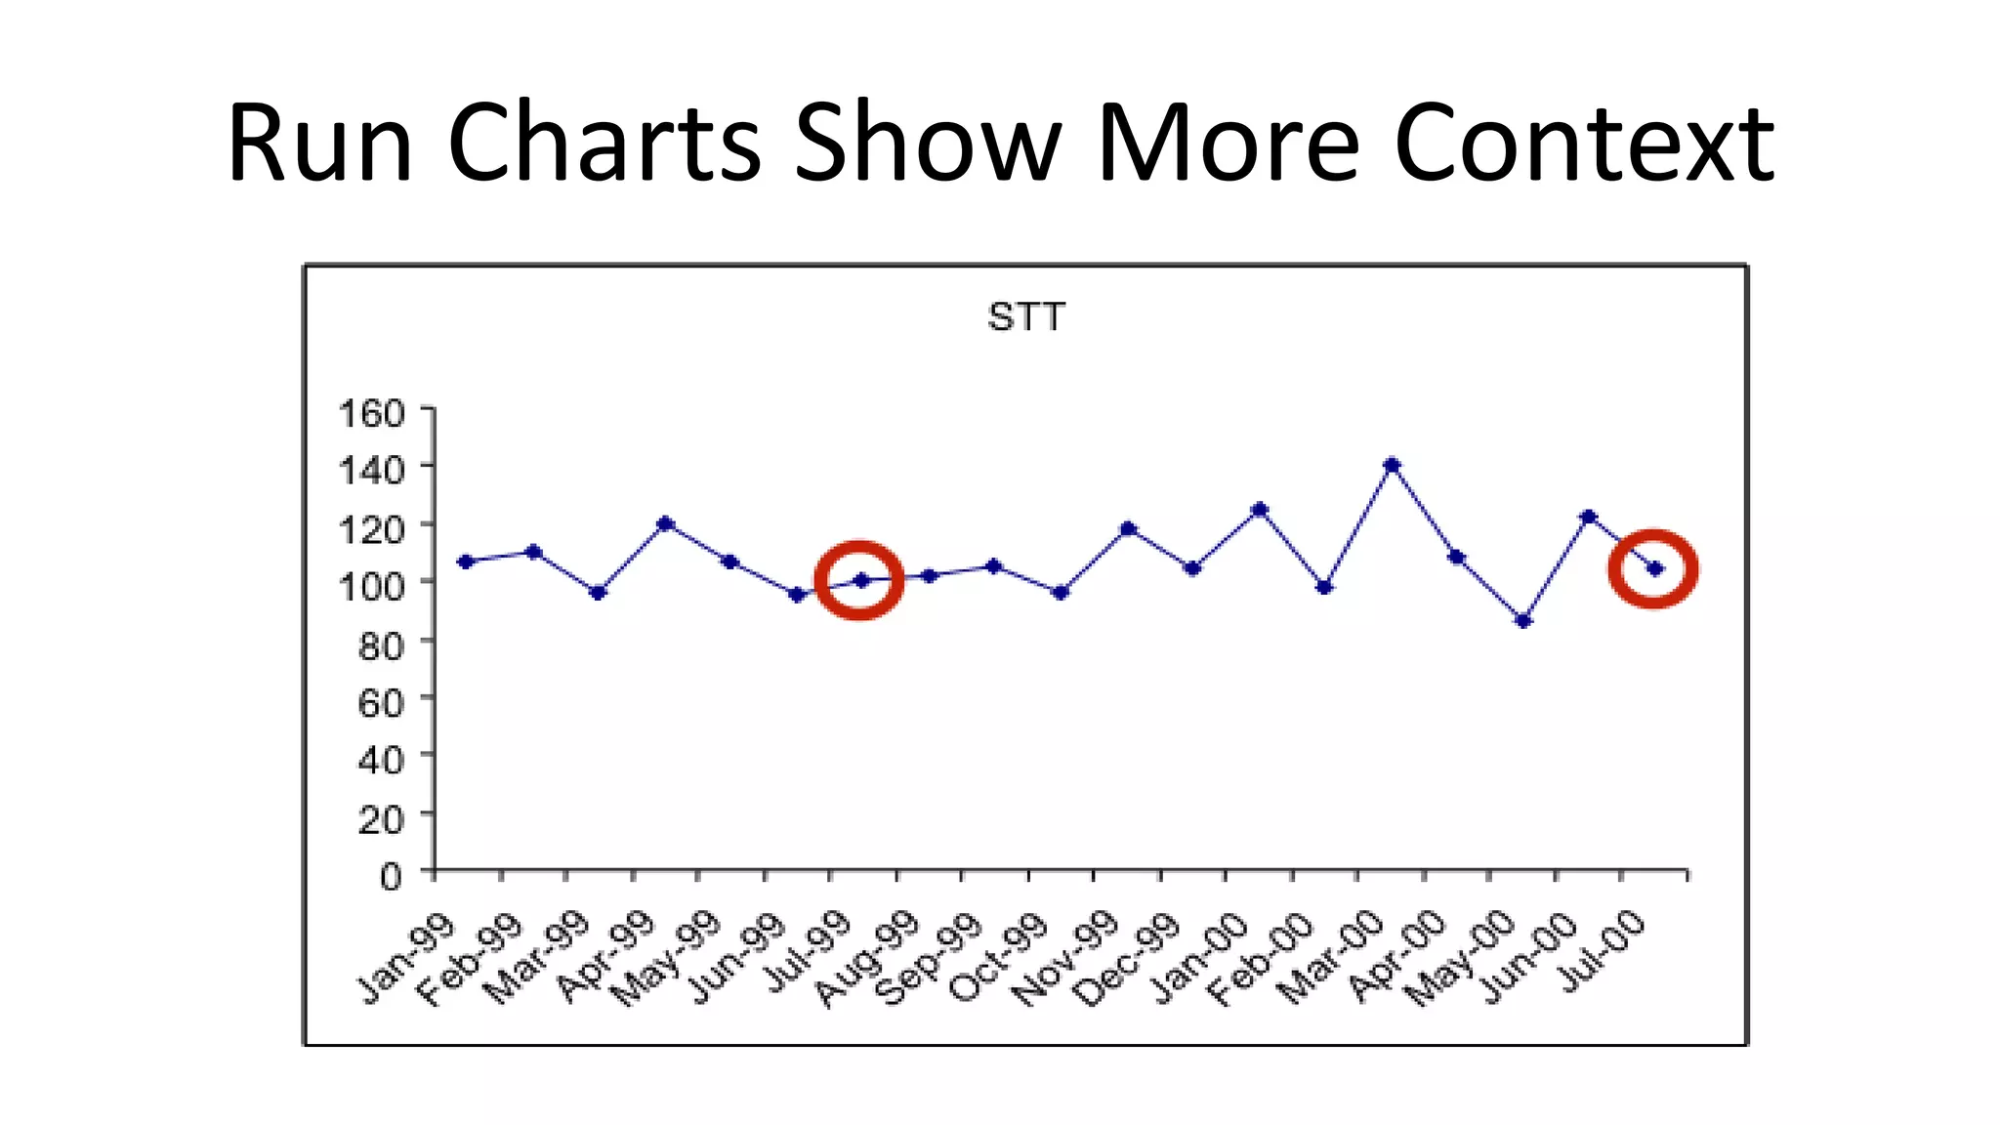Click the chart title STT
(1025, 317)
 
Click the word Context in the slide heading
(1583, 144)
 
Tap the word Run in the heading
(320, 144)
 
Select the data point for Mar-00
(1392, 465)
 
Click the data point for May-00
(1523, 620)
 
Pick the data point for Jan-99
(466, 562)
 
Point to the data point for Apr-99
(665, 523)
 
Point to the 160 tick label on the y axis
(371, 413)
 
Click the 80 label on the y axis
(380, 646)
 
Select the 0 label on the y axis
(391, 876)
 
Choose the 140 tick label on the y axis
(371, 471)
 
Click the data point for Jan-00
(1259, 509)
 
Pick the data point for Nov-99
(1128, 528)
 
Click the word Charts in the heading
(604, 144)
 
